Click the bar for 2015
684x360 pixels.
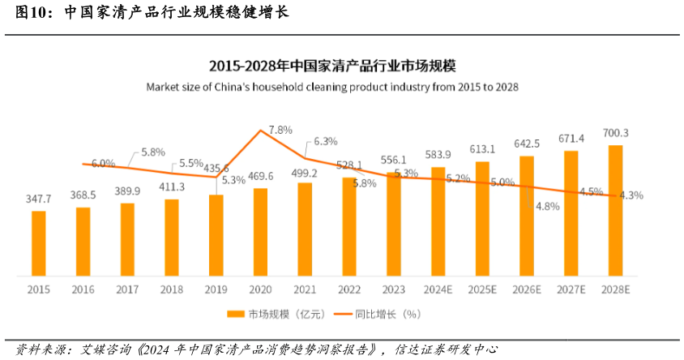39,243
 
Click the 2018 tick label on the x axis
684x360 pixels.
172,289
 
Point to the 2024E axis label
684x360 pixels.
438,289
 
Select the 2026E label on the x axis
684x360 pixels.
527,289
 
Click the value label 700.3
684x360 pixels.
615,133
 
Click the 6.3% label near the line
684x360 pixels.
325,141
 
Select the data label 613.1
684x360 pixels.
482,148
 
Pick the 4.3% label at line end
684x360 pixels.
631,195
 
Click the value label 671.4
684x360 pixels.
571,139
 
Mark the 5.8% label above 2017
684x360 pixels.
152,152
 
